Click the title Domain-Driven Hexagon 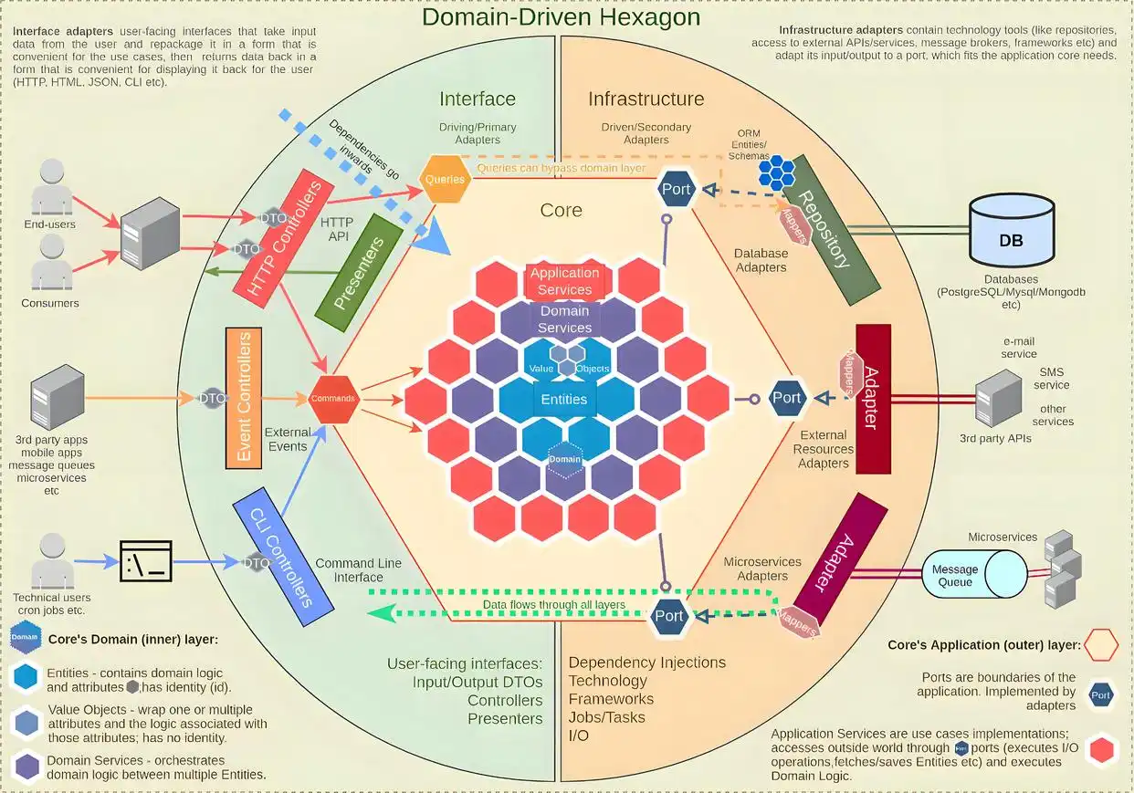[x=561, y=17]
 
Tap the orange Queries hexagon [x=445, y=179]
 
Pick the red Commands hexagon [x=333, y=399]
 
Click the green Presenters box [x=359, y=267]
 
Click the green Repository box [x=824, y=229]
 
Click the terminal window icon [x=146, y=561]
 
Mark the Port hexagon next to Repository [x=677, y=189]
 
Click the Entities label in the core [x=563, y=399]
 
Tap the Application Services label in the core [x=564, y=281]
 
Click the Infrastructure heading [x=646, y=99]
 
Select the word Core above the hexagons [x=561, y=210]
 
